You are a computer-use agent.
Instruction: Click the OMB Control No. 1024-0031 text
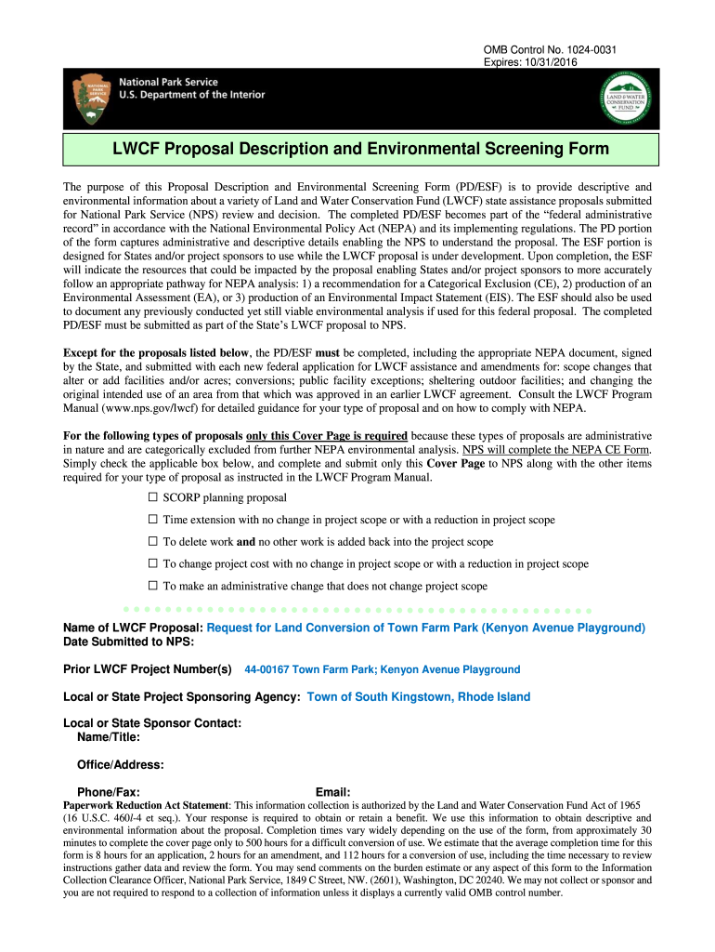[x=551, y=50]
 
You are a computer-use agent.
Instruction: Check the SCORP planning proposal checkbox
[x=153, y=498]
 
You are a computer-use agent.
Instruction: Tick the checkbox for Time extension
[x=153, y=521]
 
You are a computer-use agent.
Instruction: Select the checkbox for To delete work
[x=153, y=542]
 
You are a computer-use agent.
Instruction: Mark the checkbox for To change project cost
[x=153, y=564]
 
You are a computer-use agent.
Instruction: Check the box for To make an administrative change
[x=153, y=587]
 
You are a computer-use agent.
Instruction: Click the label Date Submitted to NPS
[x=128, y=641]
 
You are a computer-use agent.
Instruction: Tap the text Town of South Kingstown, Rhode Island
[x=418, y=697]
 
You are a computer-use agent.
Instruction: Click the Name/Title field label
[x=110, y=737]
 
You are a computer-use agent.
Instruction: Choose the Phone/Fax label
[x=109, y=792]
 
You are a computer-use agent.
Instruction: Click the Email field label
[x=332, y=792]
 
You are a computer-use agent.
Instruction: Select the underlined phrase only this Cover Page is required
[x=326, y=436]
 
